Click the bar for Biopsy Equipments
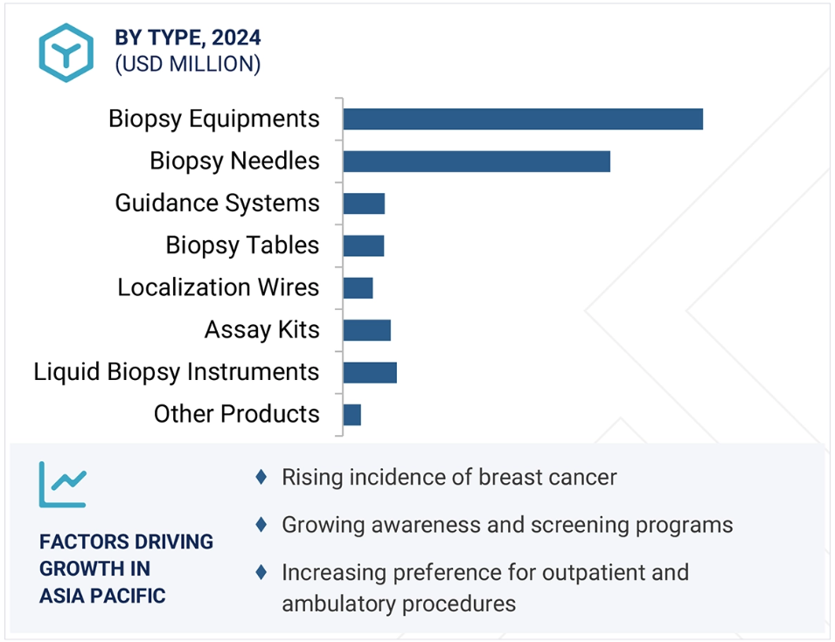[523, 119]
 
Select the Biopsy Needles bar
[477, 162]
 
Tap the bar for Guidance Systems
[365, 204]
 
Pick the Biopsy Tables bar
[364, 245]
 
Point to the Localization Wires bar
[358, 287]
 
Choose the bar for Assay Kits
[367, 330]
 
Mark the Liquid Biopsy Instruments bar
[370, 372]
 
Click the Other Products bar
[352, 415]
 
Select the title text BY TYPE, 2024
[188, 38]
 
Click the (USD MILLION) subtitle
[188, 64]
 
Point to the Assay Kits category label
[262, 330]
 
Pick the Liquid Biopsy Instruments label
[177, 372]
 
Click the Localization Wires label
[219, 287]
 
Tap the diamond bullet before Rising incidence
[261, 477]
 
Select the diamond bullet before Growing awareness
[261, 525]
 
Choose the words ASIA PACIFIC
[102, 596]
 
